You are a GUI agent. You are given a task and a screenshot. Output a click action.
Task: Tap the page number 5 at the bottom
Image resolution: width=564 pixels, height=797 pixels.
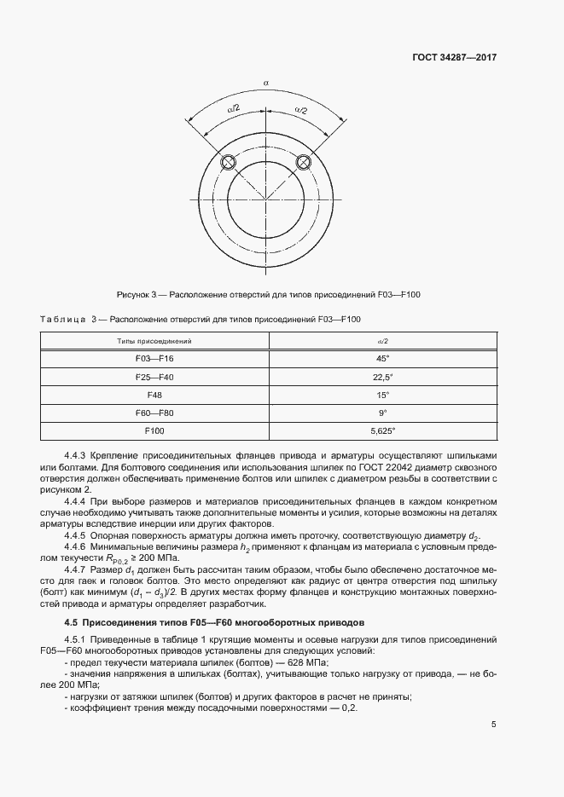tap(494, 725)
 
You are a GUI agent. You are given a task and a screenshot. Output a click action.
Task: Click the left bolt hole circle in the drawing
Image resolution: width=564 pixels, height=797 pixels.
tap(228, 163)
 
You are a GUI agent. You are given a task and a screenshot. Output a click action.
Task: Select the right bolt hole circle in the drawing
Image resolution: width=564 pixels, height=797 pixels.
tap(303, 163)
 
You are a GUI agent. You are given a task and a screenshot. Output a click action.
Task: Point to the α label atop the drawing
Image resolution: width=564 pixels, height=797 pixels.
tap(266, 83)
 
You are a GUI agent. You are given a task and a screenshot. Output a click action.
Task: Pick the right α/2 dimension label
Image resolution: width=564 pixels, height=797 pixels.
tap(299, 109)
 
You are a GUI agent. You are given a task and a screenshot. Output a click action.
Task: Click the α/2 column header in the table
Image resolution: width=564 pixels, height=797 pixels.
tap(382, 341)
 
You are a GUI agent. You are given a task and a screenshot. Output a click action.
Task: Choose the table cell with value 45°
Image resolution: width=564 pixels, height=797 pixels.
tap(382, 359)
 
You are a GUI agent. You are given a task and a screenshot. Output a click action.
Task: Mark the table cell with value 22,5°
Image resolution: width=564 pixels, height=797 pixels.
tap(382, 377)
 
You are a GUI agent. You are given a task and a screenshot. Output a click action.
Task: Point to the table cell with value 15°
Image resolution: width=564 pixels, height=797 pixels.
tap(382, 395)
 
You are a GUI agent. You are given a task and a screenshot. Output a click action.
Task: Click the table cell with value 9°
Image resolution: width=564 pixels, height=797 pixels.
tap(382, 413)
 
